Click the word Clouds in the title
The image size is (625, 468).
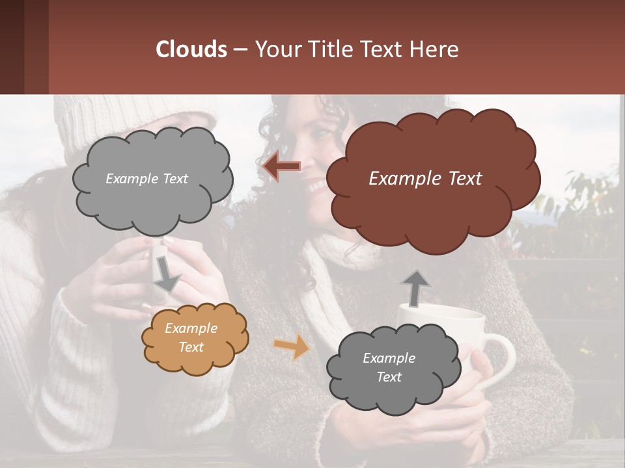(191, 49)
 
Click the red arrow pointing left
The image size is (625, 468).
(281, 166)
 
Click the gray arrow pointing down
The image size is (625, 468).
(166, 274)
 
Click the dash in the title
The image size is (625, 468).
(240, 50)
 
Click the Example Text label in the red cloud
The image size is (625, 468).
(425, 179)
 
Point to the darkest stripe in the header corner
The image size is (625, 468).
(12, 47)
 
